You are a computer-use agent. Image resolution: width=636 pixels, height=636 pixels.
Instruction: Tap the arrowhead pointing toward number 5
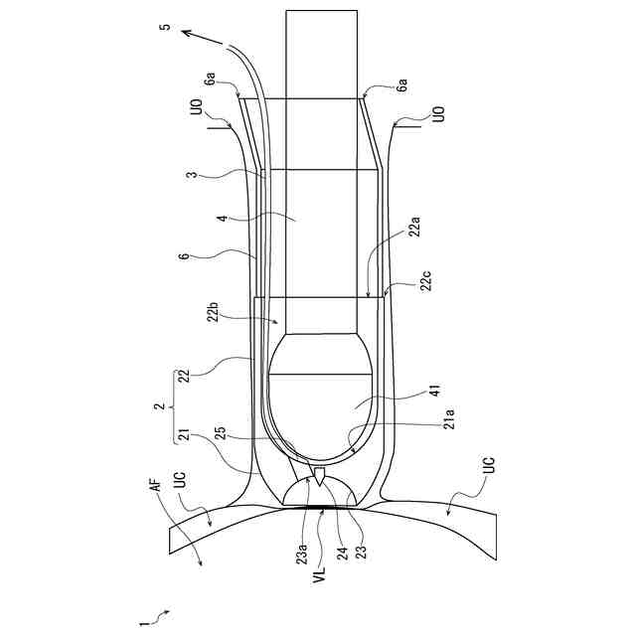point(185,34)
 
